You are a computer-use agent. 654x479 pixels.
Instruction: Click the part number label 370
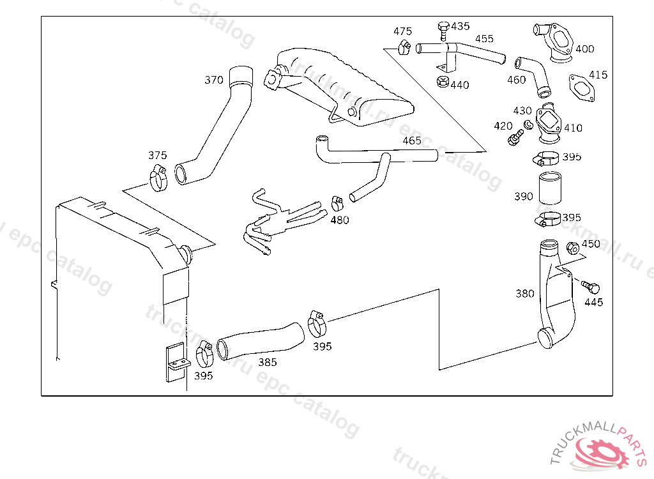[213, 80]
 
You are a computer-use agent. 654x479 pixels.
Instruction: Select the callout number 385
[268, 362]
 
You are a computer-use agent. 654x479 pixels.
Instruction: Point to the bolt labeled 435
[443, 31]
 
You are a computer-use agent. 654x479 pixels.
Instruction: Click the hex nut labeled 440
[443, 81]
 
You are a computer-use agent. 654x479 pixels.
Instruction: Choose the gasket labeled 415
[582, 87]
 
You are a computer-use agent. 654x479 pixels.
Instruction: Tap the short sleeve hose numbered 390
[550, 188]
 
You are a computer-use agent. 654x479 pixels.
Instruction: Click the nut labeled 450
[573, 248]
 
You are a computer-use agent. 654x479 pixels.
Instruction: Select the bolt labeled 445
[591, 287]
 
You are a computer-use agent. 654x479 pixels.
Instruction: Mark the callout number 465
[412, 141]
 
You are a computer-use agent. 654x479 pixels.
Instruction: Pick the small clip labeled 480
[337, 204]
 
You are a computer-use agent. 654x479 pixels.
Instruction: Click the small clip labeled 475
[404, 47]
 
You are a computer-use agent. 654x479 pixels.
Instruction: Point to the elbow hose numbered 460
[533, 75]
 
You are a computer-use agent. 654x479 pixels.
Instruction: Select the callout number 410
[573, 128]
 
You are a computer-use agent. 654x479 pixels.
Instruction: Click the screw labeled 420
[515, 137]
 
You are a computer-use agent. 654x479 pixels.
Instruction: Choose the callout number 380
[525, 294]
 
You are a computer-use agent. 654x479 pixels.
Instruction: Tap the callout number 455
[484, 39]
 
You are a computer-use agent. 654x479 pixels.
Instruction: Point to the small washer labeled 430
[528, 124]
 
